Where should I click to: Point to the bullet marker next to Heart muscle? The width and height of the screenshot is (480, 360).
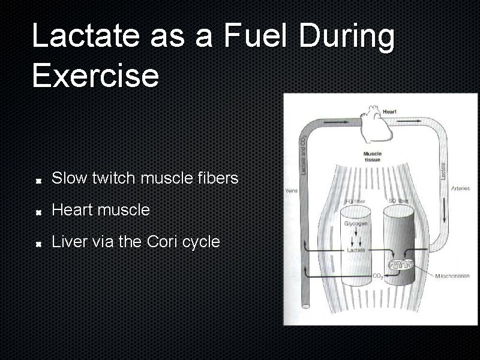pos(38,212)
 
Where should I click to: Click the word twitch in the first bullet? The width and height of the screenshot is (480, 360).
pos(113,178)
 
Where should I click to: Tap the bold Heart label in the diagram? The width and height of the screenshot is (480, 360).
pos(389,112)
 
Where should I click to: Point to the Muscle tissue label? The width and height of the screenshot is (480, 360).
pos(372,157)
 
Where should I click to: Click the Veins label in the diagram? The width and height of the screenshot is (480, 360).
pos(291,191)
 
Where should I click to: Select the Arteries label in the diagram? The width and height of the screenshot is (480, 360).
pos(460,189)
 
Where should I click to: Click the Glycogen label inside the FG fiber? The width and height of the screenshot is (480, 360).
pos(356,223)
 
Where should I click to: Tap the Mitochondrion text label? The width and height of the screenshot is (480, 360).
pos(453,275)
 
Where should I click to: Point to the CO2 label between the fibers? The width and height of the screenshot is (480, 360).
pos(378,276)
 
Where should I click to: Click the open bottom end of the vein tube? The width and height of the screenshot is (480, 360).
pos(305,307)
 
